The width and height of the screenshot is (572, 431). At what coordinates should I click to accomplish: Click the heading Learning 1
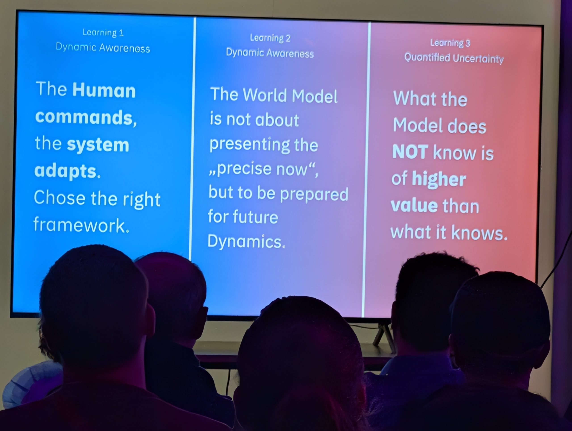[103, 32]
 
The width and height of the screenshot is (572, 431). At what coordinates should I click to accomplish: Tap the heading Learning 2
[270, 38]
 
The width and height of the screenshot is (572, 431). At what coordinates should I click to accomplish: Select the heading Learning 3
[450, 43]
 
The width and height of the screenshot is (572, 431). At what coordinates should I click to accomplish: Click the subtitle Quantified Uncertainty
[454, 58]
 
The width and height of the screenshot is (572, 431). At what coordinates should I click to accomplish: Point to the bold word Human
[104, 90]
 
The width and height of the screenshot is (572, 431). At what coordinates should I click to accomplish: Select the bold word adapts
[67, 171]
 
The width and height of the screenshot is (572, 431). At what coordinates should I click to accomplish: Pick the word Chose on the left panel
[60, 197]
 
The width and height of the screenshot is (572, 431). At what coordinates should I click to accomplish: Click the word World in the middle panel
[265, 95]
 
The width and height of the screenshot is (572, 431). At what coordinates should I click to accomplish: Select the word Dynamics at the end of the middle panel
[246, 241]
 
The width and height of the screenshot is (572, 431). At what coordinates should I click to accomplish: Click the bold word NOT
[410, 152]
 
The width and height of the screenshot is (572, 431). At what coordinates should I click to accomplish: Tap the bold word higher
[439, 179]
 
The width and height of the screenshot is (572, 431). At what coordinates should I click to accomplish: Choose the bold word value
[414, 206]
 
